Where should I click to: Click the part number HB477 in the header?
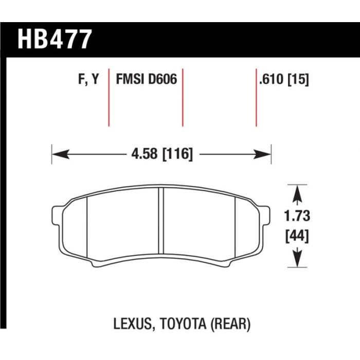click(x=55, y=39)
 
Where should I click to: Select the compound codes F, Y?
click(x=88, y=79)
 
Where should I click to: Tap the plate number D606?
click(x=163, y=79)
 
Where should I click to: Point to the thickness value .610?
click(x=272, y=79)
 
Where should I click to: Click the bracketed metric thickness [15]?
click(x=298, y=79)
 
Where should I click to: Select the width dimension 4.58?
click(x=145, y=154)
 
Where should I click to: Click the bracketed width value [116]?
click(x=177, y=154)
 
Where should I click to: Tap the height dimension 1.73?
click(x=297, y=216)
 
